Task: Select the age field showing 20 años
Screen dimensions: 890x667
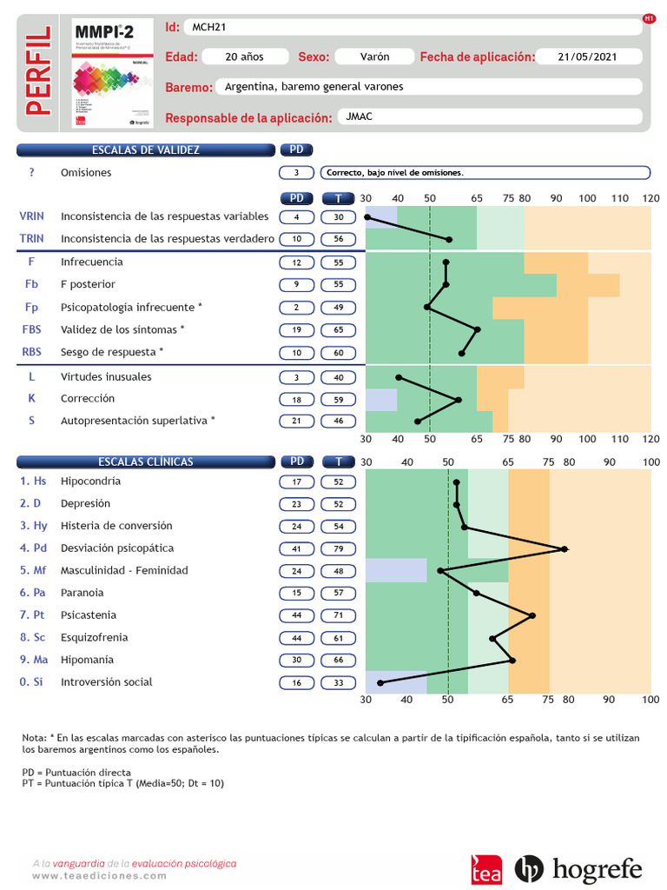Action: pyautogui.click(x=244, y=56)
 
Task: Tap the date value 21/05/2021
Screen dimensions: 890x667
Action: pyautogui.click(x=588, y=56)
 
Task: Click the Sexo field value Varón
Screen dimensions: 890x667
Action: pyautogui.click(x=374, y=56)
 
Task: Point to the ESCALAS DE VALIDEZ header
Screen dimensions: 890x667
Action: pyautogui.click(x=145, y=150)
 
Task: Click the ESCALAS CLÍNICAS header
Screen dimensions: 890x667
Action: pyautogui.click(x=145, y=462)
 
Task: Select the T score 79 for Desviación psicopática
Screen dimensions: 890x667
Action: pyautogui.click(x=338, y=548)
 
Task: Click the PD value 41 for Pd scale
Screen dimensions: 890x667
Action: pyautogui.click(x=296, y=548)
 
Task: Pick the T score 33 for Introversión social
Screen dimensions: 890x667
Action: pyautogui.click(x=338, y=682)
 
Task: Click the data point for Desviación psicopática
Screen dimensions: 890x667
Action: pyautogui.click(x=565, y=549)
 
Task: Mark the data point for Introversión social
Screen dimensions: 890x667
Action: pyautogui.click(x=380, y=683)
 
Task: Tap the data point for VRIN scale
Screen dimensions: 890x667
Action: pyautogui.click(x=367, y=217)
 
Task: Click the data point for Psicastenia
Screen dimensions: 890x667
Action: pyautogui.click(x=532, y=615)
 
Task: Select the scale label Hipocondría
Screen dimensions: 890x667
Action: pyautogui.click(x=90, y=482)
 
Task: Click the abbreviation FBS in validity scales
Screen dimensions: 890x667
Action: pyautogui.click(x=31, y=329)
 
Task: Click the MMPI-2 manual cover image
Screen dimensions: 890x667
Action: pyautogui.click(x=112, y=74)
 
